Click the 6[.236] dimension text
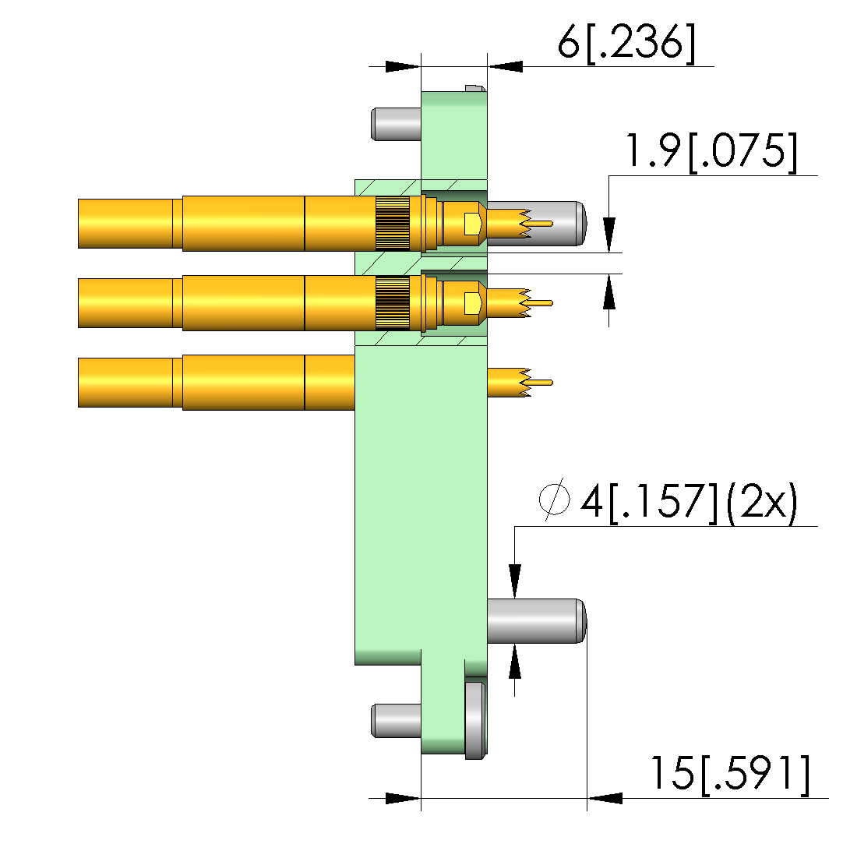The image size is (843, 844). (x=626, y=43)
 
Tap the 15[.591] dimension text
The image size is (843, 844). (x=730, y=774)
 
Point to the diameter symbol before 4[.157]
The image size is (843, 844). (x=554, y=499)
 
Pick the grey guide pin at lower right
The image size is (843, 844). (x=536, y=620)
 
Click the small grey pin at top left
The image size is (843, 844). (x=396, y=125)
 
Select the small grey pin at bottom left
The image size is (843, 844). (x=396, y=721)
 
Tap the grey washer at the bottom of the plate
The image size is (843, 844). (x=475, y=721)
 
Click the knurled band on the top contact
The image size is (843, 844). (x=393, y=224)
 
